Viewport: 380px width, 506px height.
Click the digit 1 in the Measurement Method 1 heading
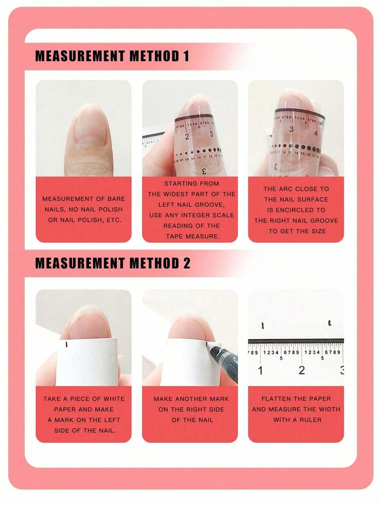(x=185, y=56)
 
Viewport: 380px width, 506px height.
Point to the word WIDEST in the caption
(x=186, y=194)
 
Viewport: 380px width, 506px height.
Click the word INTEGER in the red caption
(x=207, y=215)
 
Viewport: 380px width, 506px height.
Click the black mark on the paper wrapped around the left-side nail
(x=67, y=345)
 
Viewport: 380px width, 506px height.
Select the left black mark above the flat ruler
(x=262, y=325)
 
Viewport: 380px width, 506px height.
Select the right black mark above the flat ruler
(x=329, y=322)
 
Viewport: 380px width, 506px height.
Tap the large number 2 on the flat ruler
(x=302, y=370)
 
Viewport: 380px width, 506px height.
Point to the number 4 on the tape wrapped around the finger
(x=316, y=134)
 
